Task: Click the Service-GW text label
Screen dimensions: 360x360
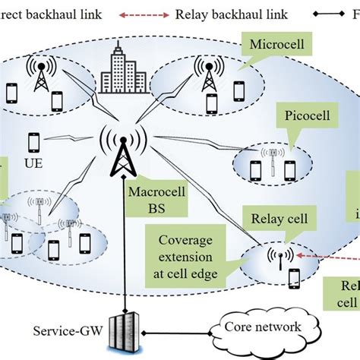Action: [65, 331]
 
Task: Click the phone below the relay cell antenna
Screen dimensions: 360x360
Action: [293, 282]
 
